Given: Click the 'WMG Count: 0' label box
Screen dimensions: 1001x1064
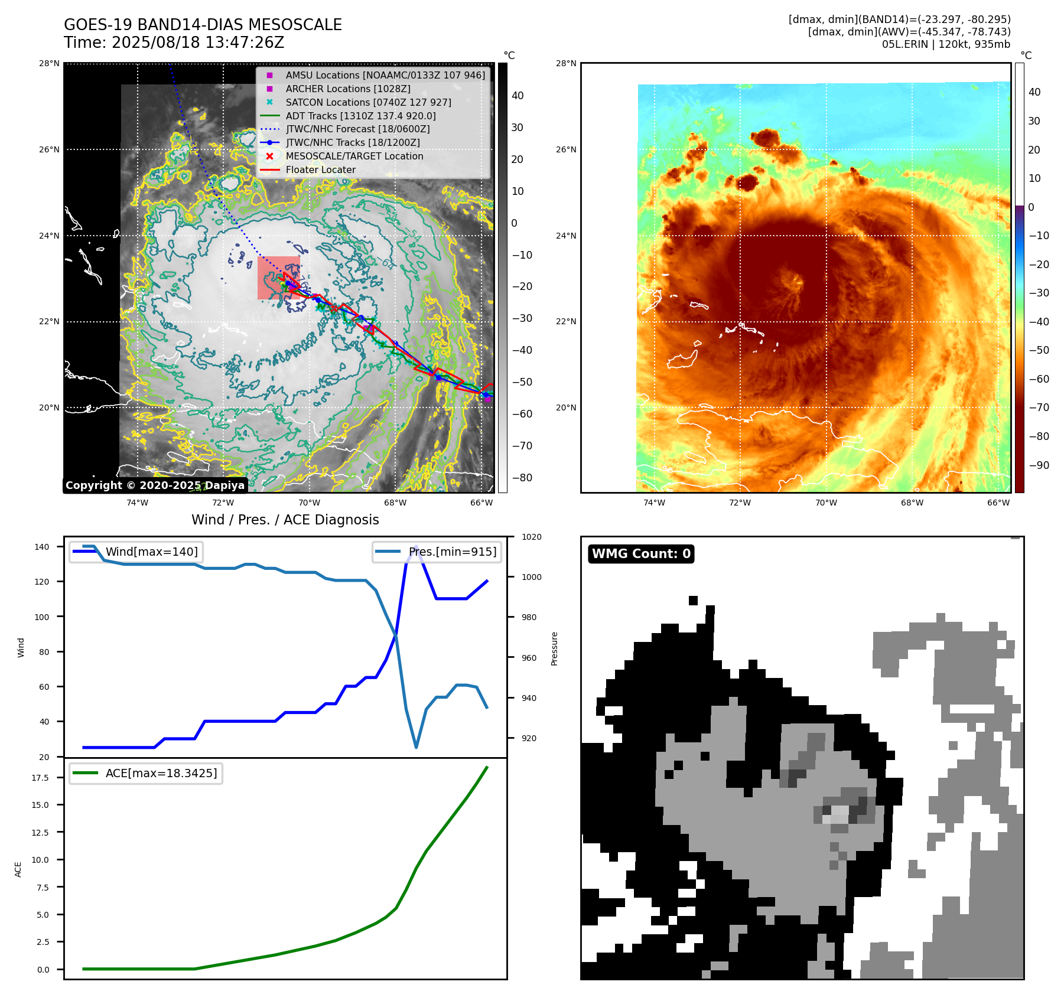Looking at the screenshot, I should pos(641,554).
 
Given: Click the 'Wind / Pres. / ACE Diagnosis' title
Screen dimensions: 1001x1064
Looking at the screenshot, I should pos(285,520).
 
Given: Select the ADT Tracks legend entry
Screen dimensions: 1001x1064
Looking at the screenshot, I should pos(360,116).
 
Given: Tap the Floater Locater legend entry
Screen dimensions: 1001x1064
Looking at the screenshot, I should pos(320,170).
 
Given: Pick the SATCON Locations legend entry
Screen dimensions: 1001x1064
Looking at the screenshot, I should pos(368,102).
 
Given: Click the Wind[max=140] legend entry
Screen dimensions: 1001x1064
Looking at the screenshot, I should pos(151,552).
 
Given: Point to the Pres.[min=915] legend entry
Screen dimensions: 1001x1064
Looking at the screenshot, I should pos(452,552).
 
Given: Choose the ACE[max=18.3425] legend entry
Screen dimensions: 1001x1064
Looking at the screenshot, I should pos(161,774).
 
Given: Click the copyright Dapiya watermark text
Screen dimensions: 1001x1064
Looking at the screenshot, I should pos(155,485).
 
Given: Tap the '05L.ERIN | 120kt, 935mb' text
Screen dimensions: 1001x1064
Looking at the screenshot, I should pos(946,44).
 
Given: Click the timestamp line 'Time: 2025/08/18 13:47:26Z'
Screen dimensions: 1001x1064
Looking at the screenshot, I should pos(174,43).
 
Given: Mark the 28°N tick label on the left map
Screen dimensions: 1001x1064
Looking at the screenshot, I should pos(49,64).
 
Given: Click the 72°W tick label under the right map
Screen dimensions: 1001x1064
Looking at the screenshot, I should pos(740,503).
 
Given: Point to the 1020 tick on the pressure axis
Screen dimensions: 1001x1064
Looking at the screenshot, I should pos(531,537).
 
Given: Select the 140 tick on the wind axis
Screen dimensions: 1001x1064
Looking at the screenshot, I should pos(42,547).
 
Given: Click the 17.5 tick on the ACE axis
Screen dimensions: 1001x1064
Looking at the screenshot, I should pos(40,778).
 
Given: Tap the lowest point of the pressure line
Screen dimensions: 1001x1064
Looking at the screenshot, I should pos(416,747).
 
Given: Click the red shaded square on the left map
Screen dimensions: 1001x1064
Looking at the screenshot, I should pos(278,278).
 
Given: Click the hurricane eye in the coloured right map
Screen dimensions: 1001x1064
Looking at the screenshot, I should pos(791,282).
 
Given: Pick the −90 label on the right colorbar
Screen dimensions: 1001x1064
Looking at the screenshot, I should pos(1039,465).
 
